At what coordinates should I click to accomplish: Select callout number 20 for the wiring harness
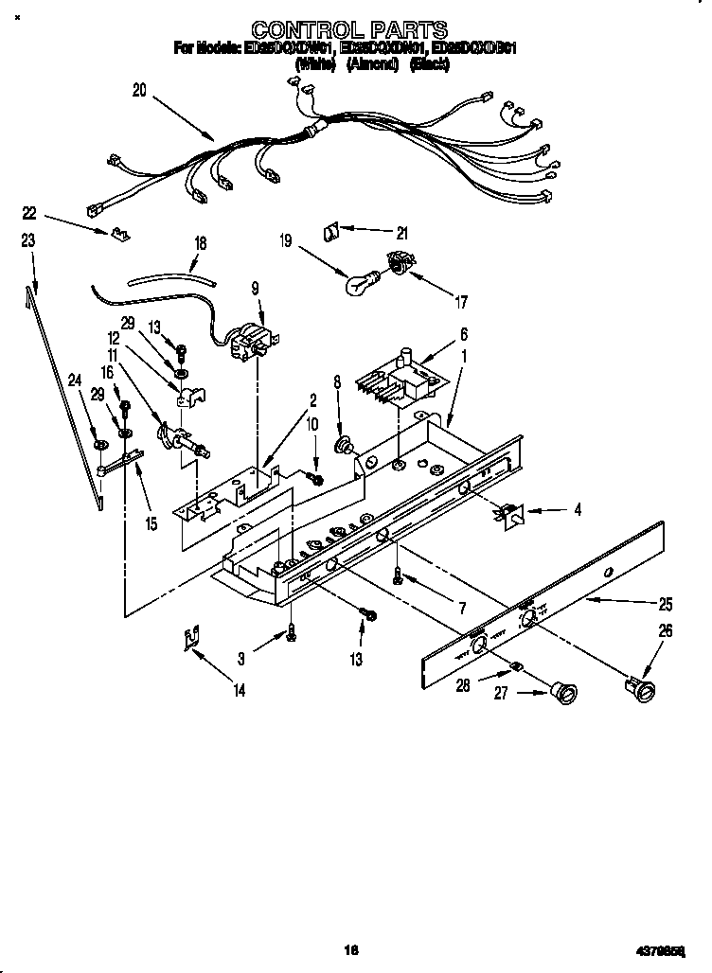[x=139, y=91]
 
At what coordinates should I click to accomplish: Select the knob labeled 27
[x=564, y=695]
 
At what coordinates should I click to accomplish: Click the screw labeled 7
[x=400, y=575]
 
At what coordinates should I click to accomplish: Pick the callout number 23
[x=28, y=241]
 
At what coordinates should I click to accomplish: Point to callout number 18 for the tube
[x=200, y=243]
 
